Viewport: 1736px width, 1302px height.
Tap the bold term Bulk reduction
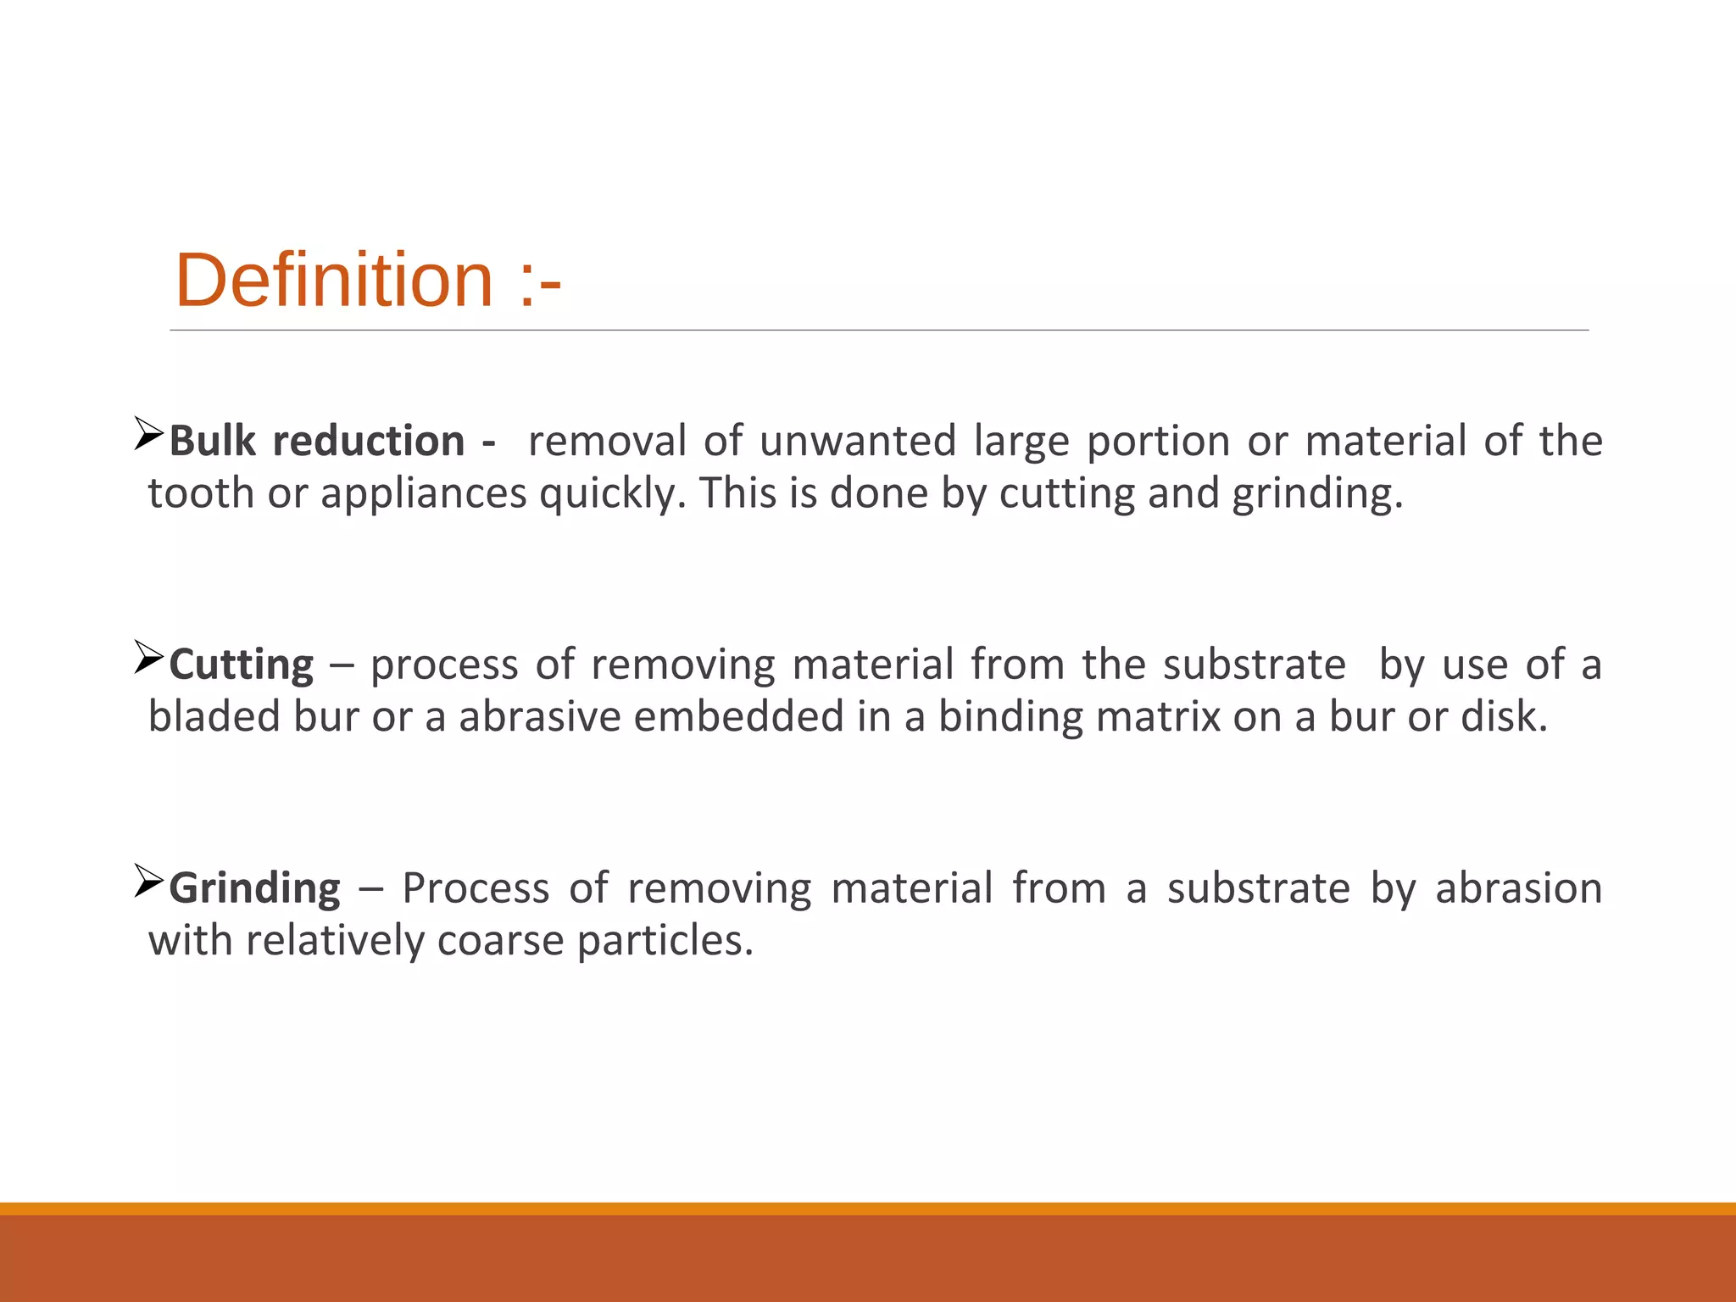coord(317,442)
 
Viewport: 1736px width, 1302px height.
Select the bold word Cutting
coord(242,665)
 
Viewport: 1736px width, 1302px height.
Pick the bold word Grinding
coord(254,888)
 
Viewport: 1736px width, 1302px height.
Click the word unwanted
coord(857,442)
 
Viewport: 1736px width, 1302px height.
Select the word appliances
coord(423,493)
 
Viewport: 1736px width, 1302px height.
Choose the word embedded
coord(738,716)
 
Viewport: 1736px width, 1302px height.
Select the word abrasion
coord(1518,888)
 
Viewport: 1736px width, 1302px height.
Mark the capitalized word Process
coord(476,888)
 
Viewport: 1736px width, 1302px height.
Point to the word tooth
coord(201,493)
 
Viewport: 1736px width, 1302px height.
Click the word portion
coord(1158,442)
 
